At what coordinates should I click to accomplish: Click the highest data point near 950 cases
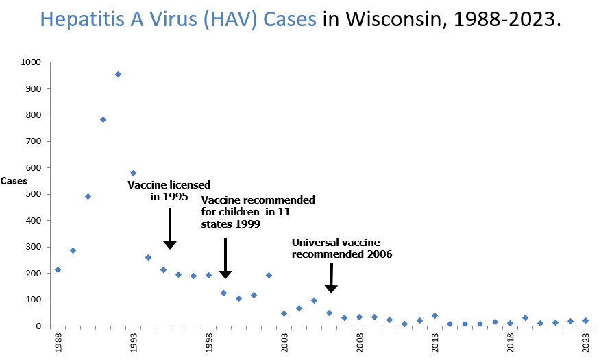pos(118,74)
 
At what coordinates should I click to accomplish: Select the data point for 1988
pos(58,269)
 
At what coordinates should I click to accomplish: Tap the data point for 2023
pos(585,320)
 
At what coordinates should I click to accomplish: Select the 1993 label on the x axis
pos(133,341)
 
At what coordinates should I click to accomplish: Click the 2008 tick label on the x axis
pos(360,341)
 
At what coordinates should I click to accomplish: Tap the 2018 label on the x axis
pos(511,341)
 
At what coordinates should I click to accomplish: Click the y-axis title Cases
pos(14,181)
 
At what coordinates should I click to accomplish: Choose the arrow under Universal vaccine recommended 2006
pos(331,278)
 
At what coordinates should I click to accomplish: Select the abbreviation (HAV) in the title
pos(219,19)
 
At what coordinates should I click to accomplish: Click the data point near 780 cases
pos(103,119)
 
